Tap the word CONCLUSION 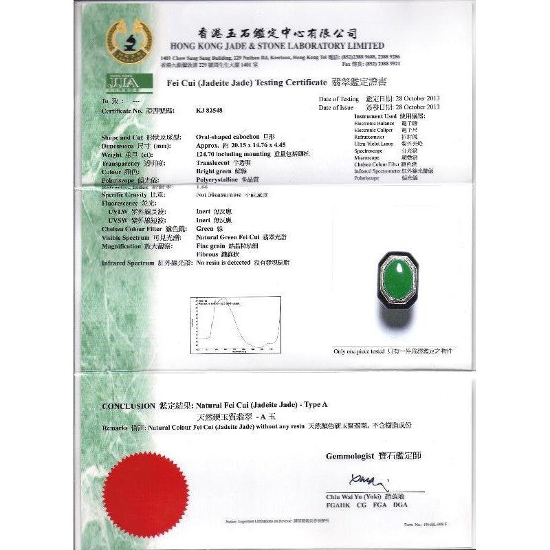click(129, 406)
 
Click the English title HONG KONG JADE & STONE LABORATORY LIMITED click(272, 45)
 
